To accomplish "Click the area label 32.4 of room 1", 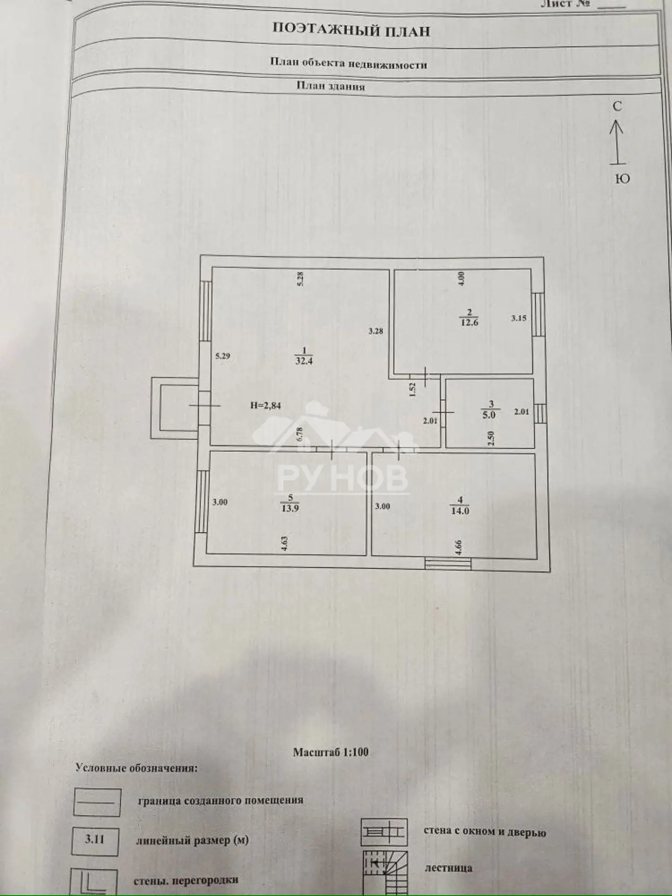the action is pyautogui.click(x=304, y=361).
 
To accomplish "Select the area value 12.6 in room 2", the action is pyautogui.click(x=469, y=322).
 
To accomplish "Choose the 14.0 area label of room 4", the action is pyautogui.click(x=460, y=511).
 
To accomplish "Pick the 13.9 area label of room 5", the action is pyautogui.click(x=290, y=508).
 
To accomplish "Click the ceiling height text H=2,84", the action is pyautogui.click(x=266, y=406).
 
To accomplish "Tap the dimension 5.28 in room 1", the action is pyautogui.click(x=301, y=279).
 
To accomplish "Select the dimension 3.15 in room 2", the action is pyautogui.click(x=518, y=318).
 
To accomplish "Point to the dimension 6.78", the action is pyautogui.click(x=300, y=435).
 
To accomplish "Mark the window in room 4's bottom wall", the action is pyautogui.click(x=448, y=563).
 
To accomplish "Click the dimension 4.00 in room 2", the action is pyautogui.click(x=461, y=279).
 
